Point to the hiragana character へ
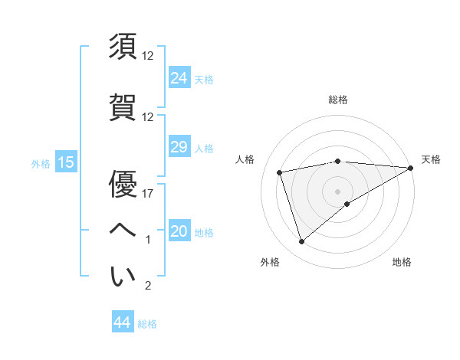point(123,230)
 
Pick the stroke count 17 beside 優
point(148,194)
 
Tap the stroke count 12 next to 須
point(148,56)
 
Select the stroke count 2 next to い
point(148,286)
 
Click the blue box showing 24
point(179,77)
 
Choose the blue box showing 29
point(179,147)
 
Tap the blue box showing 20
point(179,232)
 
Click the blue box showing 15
point(65,162)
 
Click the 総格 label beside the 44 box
point(147,324)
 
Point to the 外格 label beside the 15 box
point(41,163)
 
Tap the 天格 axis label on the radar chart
point(431,159)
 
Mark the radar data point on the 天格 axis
point(412,168)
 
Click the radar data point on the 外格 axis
point(302,242)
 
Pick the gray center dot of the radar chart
point(337,190)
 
